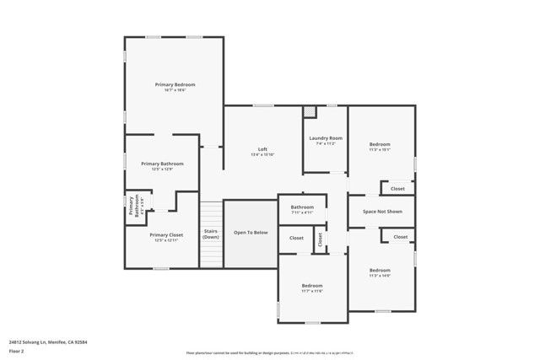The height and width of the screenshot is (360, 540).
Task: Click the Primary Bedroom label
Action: point(175,85)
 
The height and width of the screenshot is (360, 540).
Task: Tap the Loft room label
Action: point(262,149)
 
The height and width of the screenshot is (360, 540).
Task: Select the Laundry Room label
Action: point(325,137)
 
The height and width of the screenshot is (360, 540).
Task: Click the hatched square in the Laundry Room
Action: point(310,112)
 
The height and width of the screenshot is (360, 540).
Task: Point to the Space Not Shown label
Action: point(381,212)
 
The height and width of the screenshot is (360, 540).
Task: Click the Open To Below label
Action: point(251,232)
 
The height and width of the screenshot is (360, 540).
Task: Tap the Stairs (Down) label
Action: point(211,234)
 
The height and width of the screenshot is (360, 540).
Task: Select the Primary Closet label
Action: point(166,236)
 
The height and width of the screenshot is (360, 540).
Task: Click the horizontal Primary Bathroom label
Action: point(162,164)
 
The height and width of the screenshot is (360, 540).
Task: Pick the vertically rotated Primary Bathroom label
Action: point(134,207)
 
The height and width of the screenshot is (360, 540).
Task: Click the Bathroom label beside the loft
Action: point(302,207)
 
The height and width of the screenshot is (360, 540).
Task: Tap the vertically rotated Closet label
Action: point(320,239)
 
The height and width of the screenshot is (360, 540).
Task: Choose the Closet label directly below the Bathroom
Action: point(296,238)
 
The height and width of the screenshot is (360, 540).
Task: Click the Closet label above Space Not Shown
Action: point(397,189)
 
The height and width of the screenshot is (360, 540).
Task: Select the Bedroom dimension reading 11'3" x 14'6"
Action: point(379,276)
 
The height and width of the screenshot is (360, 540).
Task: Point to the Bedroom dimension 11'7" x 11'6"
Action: point(312,291)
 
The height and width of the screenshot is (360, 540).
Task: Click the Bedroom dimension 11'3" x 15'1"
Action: point(379,150)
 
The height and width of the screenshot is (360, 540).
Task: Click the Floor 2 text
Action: point(17,351)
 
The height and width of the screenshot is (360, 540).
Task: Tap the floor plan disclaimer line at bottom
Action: point(270,352)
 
